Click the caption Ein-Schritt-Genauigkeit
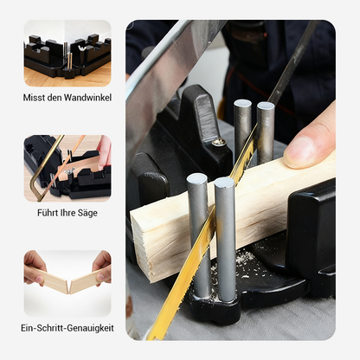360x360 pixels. [x=67, y=328]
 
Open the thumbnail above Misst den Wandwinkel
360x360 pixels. [x=67, y=53]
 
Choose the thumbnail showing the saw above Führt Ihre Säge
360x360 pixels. [x=67, y=167]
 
